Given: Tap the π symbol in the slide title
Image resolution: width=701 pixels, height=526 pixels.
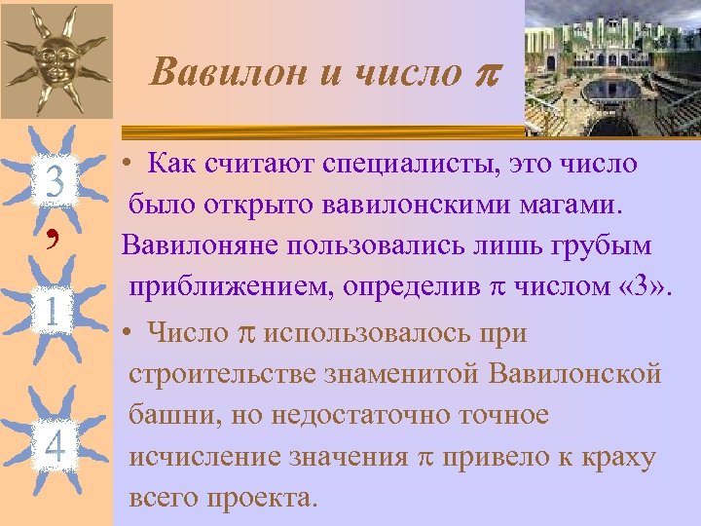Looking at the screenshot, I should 481,74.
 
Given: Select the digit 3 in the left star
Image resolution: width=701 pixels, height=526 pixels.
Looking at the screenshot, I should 55,182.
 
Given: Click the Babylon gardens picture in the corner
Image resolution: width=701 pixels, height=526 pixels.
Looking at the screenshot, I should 612,67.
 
